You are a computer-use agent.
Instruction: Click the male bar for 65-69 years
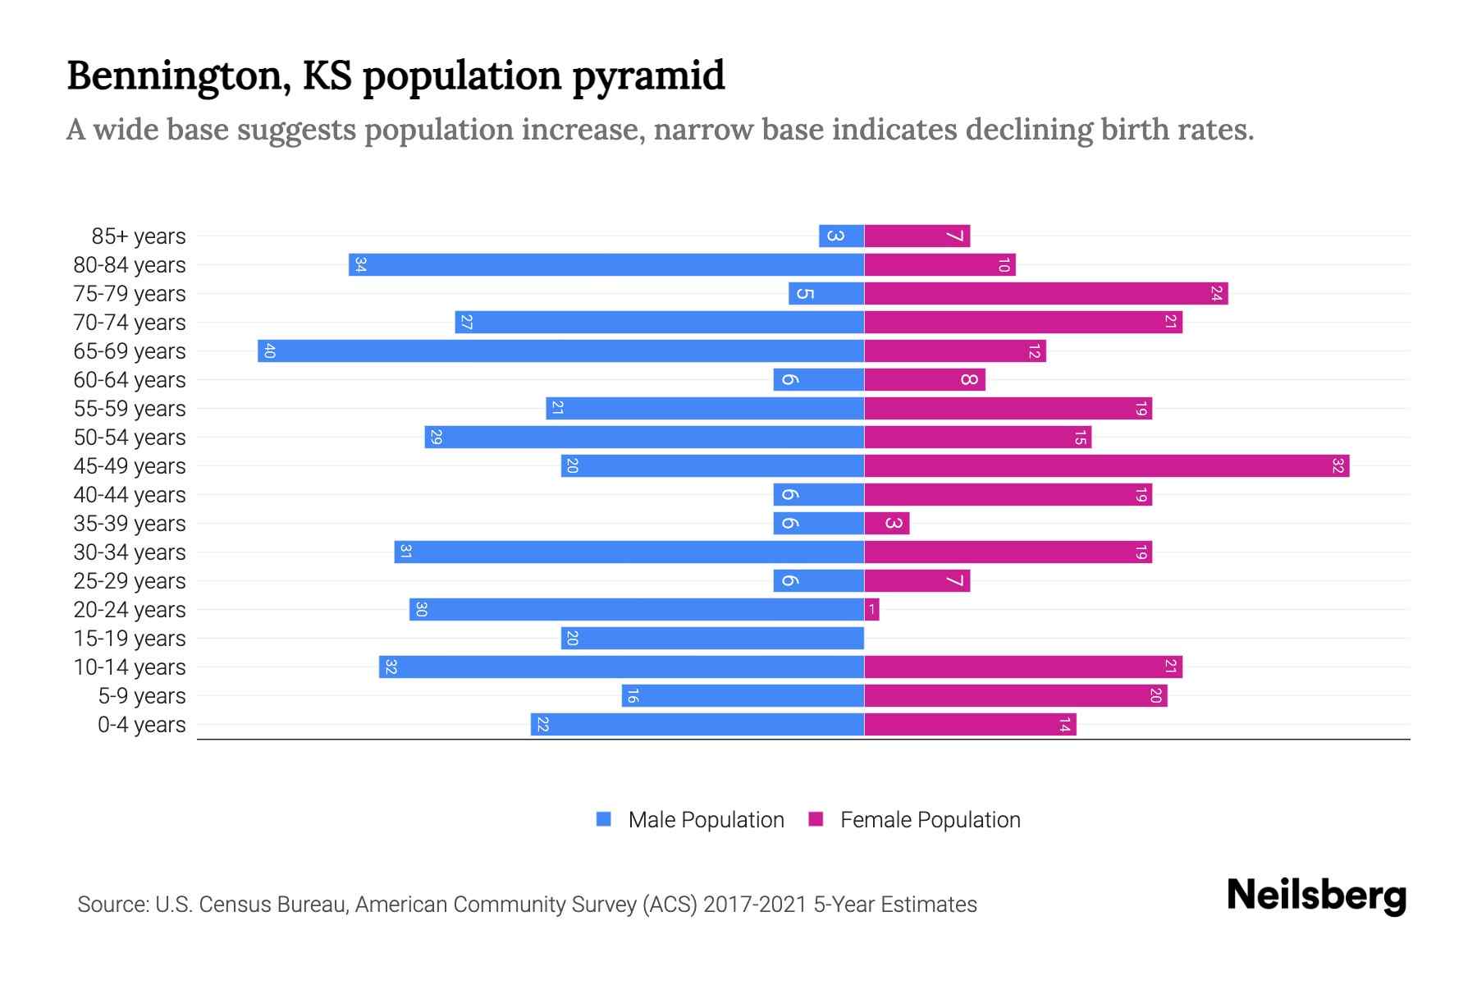pyautogui.click(x=560, y=351)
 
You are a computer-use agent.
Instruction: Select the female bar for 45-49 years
pyautogui.click(x=1106, y=466)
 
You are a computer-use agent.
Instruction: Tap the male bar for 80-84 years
pyautogui.click(x=606, y=265)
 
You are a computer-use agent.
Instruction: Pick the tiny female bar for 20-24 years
pyautogui.click(x=871, y=610)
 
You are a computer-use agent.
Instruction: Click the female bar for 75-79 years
pyautogui.click(x=1045, y=294)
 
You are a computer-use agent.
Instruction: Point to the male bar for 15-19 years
pyautogui.click(x=712, y=639)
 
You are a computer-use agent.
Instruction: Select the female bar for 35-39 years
pyautogui.click(x=886, y=524)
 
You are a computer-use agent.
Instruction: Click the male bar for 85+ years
pyautogui.click(x=841, y=236)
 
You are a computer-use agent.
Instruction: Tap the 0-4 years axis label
pyautogui.click(x=141, y=725)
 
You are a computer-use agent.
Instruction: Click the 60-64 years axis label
pyautogui.click(x=130, y=380)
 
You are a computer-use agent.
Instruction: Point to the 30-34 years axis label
pyautogui.click(x=130, y=552)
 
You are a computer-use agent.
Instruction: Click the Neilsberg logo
pyautogui.click(x=1316, y=896)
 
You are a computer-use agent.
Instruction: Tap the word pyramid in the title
pyautogui.click(x=648, y=76)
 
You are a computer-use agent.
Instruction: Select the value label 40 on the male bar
pyautogui.click(x=269, y=351)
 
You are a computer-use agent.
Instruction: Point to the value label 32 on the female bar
pyautogui.click(x=1338, y=466)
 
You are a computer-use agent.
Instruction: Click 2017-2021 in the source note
pyautogui.click(x=754, y=905)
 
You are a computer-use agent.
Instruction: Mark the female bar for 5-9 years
pyautogui.click(x=1015, y=696)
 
